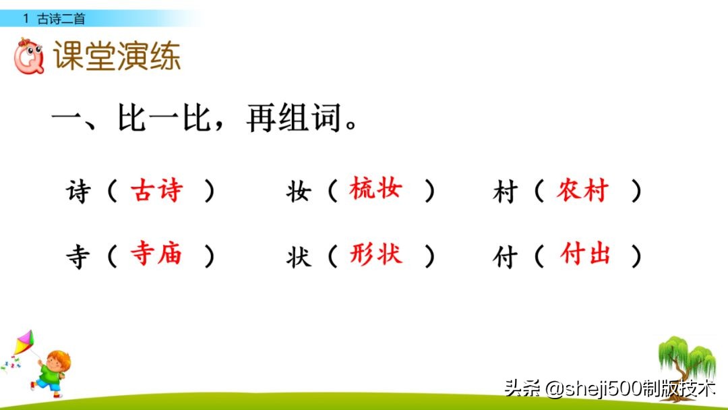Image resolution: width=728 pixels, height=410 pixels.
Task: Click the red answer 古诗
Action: click(x=156, y=192)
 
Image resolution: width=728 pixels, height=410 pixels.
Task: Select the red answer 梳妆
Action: click(x=375, y=190)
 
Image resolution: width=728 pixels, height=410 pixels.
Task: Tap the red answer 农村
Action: click(x=582, y=192)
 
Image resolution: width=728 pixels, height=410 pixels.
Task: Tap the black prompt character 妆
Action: click(x=298, y=193)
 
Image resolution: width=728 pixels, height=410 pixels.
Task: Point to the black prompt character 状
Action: click(x=298, y=256)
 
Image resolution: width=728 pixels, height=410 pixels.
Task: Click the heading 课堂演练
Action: click(x=117, y=57)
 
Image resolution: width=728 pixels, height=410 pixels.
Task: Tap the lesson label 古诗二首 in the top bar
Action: click(x=61, y=19)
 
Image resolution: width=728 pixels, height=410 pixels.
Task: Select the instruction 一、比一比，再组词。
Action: click(x=205, y=121)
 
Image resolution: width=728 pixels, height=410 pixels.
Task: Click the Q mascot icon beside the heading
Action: click(x=29, y=57)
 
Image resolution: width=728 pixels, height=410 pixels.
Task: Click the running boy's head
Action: click(x=58, y=359)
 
